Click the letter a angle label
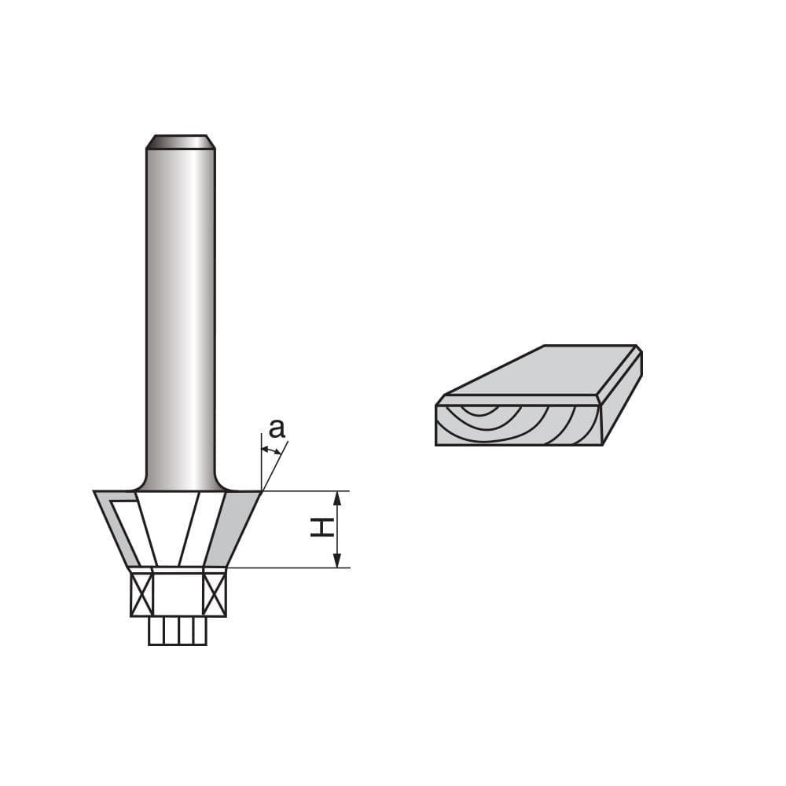pyautogui.click(x=276, y=429)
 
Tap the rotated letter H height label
pyautogui.click(x=320, y=529)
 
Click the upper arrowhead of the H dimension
pyautogui.click(x=337, y=498)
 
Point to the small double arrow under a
pyautogui.click(x=271, y=450)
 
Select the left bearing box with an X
pyautogui.click(x=141, y=594)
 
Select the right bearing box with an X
pyautogui.click(x=214, y=594)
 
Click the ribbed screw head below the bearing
pyautogui.click(x=178, y=631)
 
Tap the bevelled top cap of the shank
pyautogui.click(x=180, y=142)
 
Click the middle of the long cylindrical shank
pyautogui.click(x=180, y=314)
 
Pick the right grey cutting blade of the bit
pyautogui.click(x=236, y=527)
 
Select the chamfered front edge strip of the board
pyautogui.click(x=519, y=400)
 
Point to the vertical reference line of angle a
pyautogui.click(x=261, y=464)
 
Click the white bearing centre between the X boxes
pyautogui.click(x=178, y=594)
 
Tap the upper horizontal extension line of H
pyautogui.click(x=307, y=490)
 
